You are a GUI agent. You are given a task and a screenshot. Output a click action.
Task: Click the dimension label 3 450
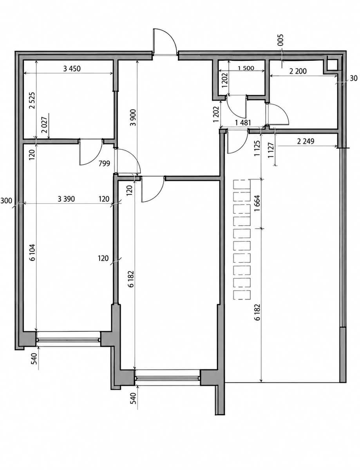point(72,69)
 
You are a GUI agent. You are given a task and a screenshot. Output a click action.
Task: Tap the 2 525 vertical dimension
point(32,101)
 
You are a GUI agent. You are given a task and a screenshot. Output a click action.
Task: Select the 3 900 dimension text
point(133,117)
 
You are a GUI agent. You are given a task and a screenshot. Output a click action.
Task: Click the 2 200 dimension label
point(298,71)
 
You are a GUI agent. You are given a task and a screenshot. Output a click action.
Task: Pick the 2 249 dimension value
point(306,141)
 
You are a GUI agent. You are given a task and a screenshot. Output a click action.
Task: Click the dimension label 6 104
point(32,252)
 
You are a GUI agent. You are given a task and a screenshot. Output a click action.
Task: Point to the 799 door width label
point(104,163)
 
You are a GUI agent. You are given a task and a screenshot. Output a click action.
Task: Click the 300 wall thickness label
point(6,201)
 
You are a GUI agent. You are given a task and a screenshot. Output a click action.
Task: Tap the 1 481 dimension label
point(243,123)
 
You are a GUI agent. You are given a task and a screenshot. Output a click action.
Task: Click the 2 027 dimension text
point(45,126)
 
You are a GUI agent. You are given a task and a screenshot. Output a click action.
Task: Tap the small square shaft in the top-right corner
point(332,65)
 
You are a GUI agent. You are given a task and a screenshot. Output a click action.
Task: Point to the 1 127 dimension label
point(271,150)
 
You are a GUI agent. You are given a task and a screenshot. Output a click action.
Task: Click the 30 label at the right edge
point(353,78)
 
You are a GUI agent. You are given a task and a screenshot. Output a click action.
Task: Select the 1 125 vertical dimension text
point(257,148)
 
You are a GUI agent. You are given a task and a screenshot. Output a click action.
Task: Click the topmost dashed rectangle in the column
point(242,184)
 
